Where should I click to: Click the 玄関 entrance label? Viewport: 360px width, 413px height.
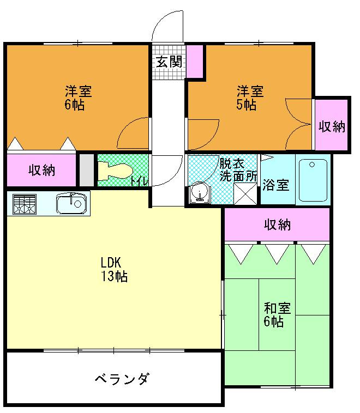pos(169,61)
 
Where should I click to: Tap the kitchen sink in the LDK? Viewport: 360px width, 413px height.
pos(71,204)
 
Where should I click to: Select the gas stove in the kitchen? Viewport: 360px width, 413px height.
pos(23,205)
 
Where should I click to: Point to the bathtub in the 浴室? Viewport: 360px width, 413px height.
pos(313,180)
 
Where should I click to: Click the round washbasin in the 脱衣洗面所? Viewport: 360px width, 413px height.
pos(199,194)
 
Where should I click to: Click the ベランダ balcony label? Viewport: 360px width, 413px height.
pos(122,379)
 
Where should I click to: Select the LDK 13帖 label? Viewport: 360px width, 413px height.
pos(113,269)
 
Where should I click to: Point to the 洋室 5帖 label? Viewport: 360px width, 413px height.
pos(250,98)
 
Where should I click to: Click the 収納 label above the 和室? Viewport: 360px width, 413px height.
pos(278,224)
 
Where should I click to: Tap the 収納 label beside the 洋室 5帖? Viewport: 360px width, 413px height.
pos(332,126)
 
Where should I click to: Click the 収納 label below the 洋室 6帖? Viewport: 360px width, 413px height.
pos(42,170)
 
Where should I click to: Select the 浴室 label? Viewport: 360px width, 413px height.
pos(275,185)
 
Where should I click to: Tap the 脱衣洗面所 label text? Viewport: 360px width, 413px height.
pos(238,169)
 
